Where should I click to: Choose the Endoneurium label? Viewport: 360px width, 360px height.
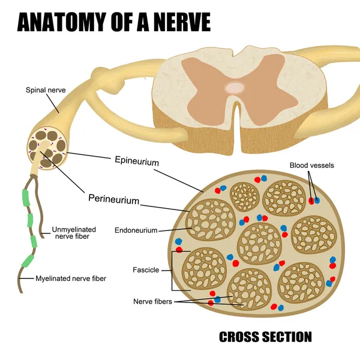pos(136,230)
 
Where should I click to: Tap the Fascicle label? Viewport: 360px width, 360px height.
pos(146,270)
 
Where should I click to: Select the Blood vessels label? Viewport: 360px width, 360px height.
pos(311,165)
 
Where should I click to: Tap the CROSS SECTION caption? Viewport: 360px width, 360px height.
pos(265,337)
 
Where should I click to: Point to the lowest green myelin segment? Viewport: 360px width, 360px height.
pos(28,261)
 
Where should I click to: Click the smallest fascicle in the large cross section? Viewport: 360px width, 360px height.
pos(244,196)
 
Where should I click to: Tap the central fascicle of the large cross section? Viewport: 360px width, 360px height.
pos(260,243)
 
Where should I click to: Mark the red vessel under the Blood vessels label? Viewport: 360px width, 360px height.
pos(311,200)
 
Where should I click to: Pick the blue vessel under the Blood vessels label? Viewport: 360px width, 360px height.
pos(317,200)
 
